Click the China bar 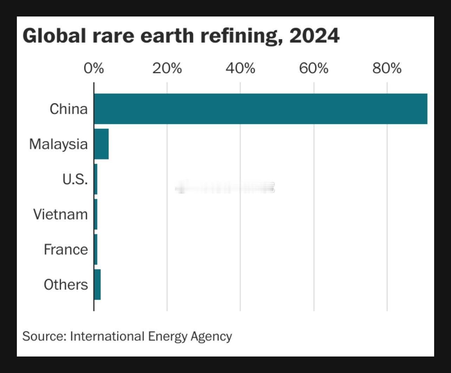tap(260, 109)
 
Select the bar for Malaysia tap(101, 144)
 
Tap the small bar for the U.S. tap(96, 179)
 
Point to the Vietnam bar tap(96, 214)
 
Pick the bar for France tap(96, 249)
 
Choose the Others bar tap(97, 284)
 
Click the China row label tap(68, 109)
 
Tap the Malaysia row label tap(58, 144)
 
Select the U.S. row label tap(75, 179)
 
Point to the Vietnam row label tap(60, 214)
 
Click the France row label tap(66, 249)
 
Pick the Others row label tap(66, 284)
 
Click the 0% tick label tap(94, 68)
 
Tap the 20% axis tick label tap(167, 68)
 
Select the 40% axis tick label tap(240, 68)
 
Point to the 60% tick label tap(314, 68)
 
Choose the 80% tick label tap(387, 68)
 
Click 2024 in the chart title tap(314, 36)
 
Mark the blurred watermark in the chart tap(225, 188)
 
